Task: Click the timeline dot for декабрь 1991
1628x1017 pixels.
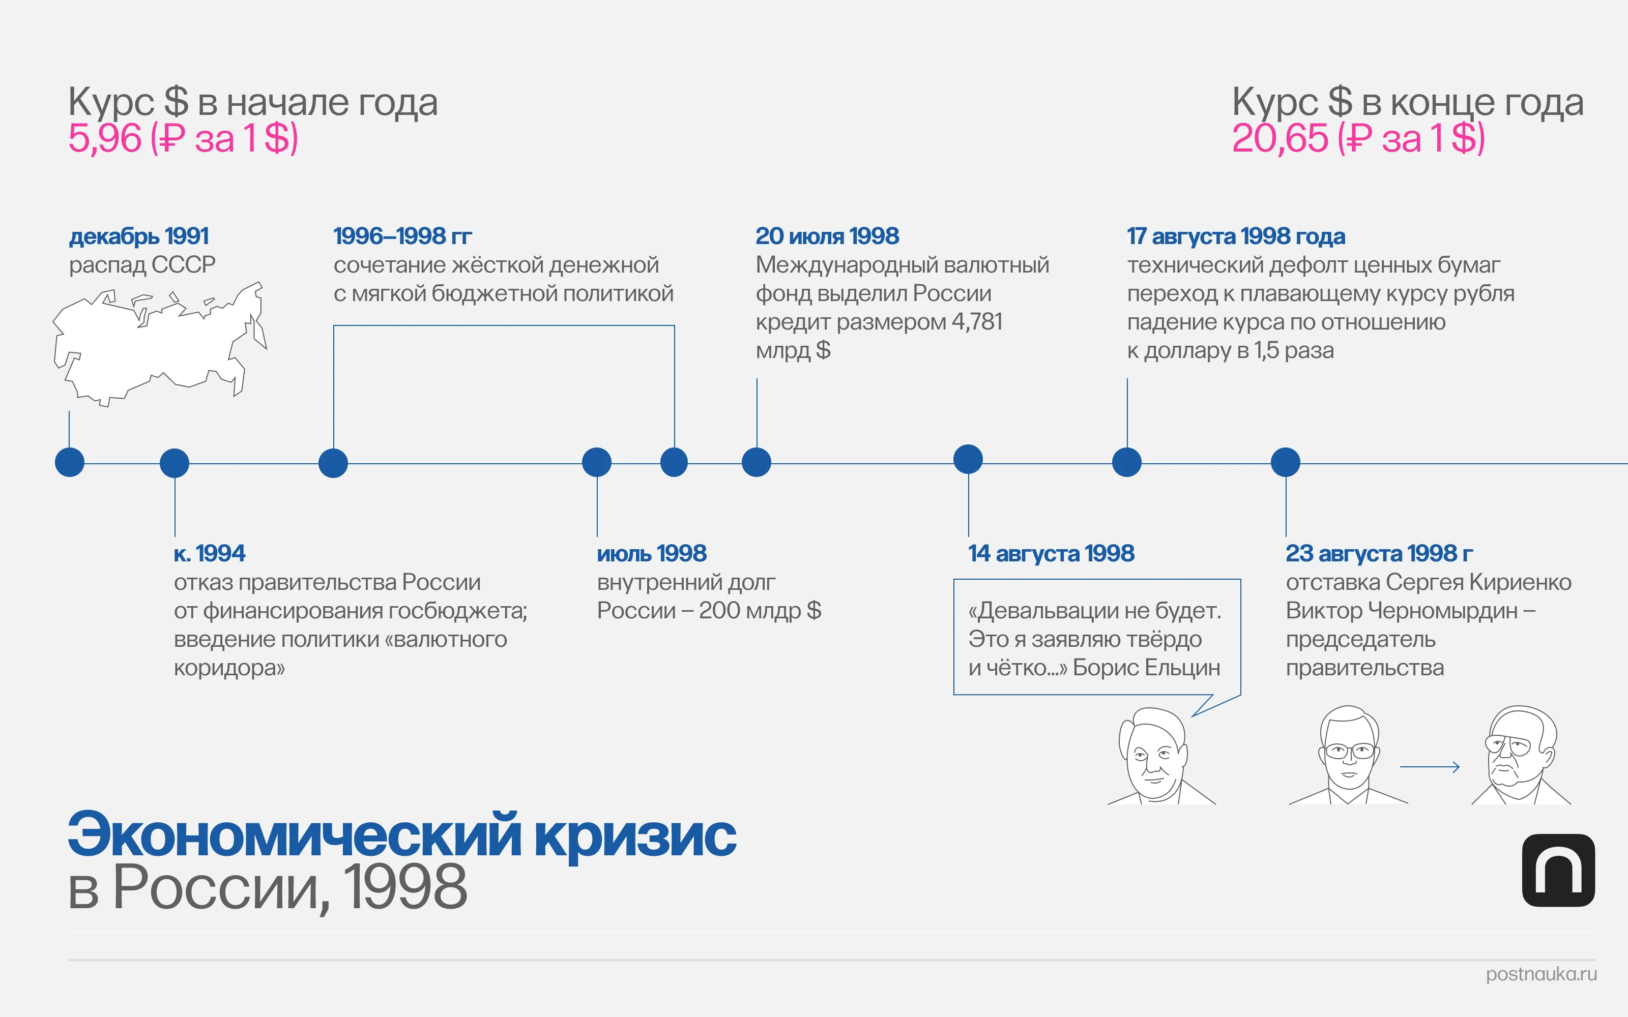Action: (69, 462)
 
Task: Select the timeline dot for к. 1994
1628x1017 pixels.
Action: (174, 463)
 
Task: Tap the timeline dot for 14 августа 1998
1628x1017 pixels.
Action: (968, 459)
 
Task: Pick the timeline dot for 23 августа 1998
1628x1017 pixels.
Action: (1286, 462)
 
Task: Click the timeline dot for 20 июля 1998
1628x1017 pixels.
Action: (756, 462)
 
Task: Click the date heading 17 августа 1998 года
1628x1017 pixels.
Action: (1236, 236)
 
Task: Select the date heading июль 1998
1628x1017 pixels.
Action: (651, 554)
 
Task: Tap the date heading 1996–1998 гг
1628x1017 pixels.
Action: (402, 236)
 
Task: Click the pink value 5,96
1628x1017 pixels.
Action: (104, 138)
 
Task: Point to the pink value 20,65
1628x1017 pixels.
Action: (1280, 138)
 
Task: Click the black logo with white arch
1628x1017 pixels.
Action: (1558, 871)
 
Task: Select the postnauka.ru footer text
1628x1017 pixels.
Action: (1540, 974)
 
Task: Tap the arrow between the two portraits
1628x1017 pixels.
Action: (1430, 767)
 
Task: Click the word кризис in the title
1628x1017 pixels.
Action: (635, 836)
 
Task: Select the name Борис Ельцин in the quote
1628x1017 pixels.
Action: (1146, 667)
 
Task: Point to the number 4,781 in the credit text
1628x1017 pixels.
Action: (977, 322)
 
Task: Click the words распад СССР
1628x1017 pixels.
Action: (142, 265)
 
